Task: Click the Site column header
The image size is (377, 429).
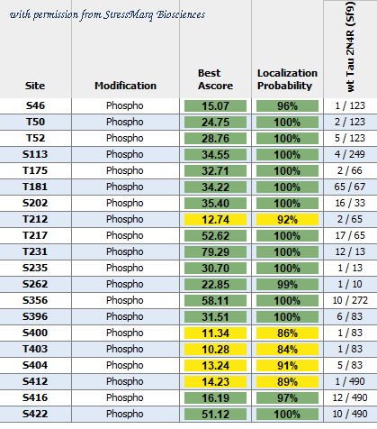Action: [35, 86]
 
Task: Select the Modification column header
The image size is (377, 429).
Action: [125, 86]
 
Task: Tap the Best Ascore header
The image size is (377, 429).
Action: [215, 79]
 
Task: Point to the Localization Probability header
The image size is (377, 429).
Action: [287, 79]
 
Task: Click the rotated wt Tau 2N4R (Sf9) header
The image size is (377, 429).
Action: [350, 47]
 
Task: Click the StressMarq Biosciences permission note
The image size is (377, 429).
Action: [107, 14]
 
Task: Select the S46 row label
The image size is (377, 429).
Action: [35, 105]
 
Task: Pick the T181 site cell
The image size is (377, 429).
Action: [35, 187]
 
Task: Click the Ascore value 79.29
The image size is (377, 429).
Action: [215, 251]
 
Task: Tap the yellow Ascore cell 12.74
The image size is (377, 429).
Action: [215, 219]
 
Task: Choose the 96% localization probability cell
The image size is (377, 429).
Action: [287, 105]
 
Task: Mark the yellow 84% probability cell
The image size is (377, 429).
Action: [287, 349]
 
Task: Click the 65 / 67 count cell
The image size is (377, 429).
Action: [350, 187]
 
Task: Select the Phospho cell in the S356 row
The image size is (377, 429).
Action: [125, 300]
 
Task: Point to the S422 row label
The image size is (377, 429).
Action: [35, 414]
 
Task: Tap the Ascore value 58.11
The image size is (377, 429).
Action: [215, 300]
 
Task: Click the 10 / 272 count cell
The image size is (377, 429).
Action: [350, 300]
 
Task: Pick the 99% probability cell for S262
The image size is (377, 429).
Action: [287, 284]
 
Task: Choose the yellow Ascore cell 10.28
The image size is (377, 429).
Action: [215, 349]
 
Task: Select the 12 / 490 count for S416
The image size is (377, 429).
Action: [350, 397]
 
